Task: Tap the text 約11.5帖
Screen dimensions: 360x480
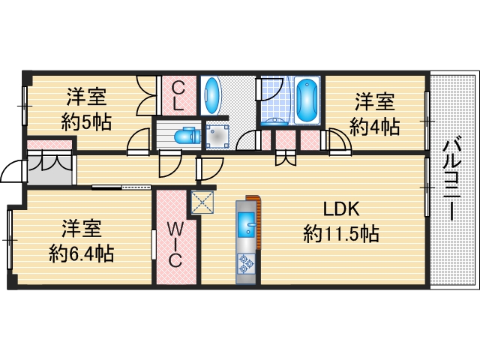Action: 340,234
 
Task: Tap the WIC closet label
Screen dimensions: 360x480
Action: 175,243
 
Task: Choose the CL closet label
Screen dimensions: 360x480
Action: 178,97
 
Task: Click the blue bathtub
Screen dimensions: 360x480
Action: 307,100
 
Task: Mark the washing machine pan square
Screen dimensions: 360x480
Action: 217,136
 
